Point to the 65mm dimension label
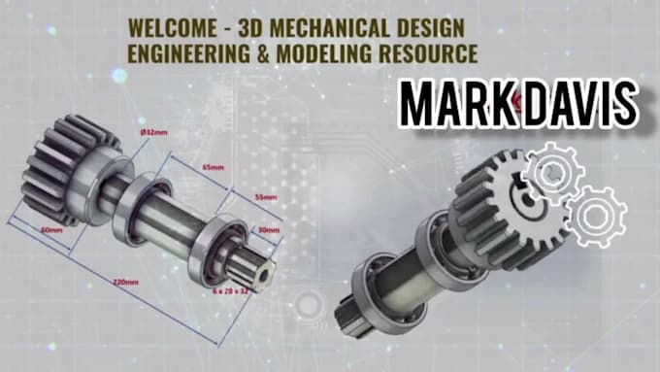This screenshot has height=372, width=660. point(211,167)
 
